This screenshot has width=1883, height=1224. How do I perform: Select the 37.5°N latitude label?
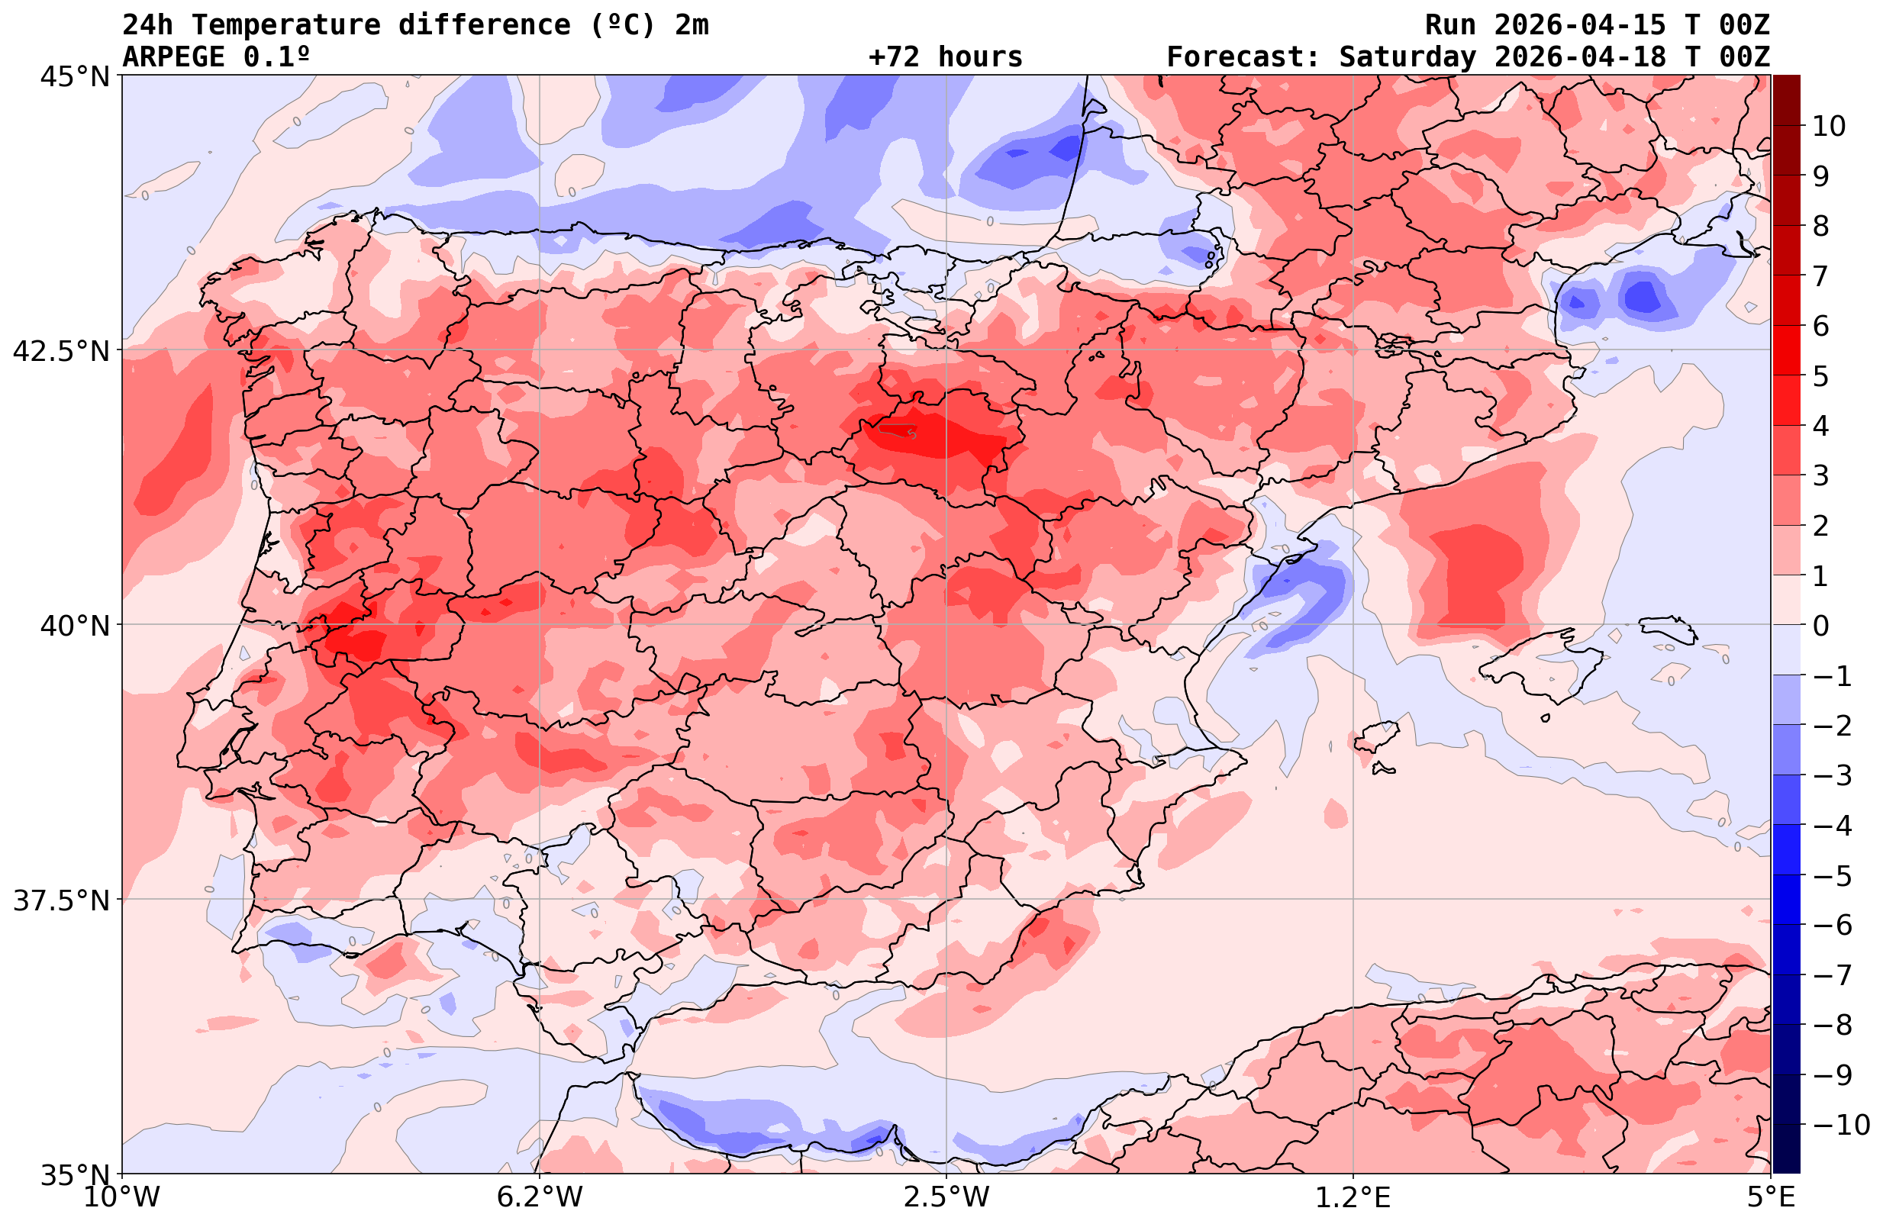click(61, 900)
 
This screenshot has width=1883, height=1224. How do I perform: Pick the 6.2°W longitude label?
click(540, 1197)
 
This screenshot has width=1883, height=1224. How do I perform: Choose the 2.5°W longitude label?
click(947, 1197)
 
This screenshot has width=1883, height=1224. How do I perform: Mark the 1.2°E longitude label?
click(1353, 1197)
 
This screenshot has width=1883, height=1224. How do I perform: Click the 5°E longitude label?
click(1771, 1197)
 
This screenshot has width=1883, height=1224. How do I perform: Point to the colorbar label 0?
click(1820, 626)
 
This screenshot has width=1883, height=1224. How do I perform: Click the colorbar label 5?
click(1820, 377)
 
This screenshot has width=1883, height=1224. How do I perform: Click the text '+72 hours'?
click(946, 57)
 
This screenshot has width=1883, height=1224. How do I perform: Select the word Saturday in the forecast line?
click(1407, 57)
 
